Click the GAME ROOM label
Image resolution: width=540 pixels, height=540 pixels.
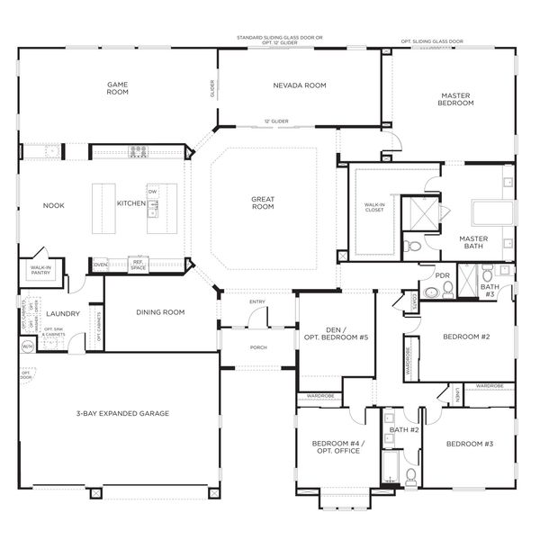pos(117,88)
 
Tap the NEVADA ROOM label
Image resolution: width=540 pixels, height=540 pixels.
pos(299,85)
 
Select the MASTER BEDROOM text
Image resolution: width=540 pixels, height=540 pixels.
pos(456,99)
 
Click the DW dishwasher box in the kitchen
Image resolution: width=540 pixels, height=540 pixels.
pos(153,192)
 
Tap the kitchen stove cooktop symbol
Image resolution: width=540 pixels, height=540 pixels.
pos(138,151)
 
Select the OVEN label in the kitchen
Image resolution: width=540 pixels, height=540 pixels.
pos(101,265)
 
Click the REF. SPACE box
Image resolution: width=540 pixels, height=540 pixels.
pos(138,265)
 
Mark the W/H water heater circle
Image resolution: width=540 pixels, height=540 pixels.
pos(27,346)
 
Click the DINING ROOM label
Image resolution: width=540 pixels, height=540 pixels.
pos(160,312)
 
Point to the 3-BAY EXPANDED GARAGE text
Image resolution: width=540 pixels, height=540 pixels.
pos(123,413)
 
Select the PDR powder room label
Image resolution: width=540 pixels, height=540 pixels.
pos(442,275)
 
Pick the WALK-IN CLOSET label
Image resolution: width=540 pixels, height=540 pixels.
pos(373,208)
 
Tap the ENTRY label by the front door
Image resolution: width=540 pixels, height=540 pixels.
pos(257,301)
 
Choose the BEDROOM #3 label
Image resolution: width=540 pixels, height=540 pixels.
pos(470,444)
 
